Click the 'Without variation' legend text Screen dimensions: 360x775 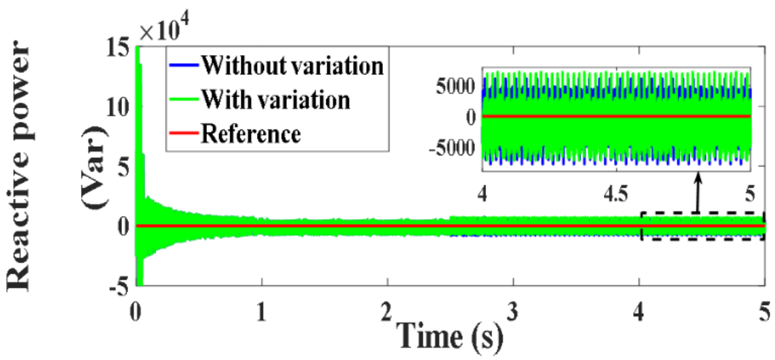click(292, 65)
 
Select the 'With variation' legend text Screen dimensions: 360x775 click(275, 100)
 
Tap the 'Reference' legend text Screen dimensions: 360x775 click(251, 134)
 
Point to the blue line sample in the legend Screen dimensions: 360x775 click(184, 65)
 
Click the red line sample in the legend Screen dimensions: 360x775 click(184, 133)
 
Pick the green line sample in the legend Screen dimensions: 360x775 click(184, 99)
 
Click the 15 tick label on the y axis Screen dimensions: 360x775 click(118, 48)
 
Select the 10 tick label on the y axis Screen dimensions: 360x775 click(118, 108)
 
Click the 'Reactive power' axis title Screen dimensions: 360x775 click(19, 167)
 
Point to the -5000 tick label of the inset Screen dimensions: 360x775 click(452, 148)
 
